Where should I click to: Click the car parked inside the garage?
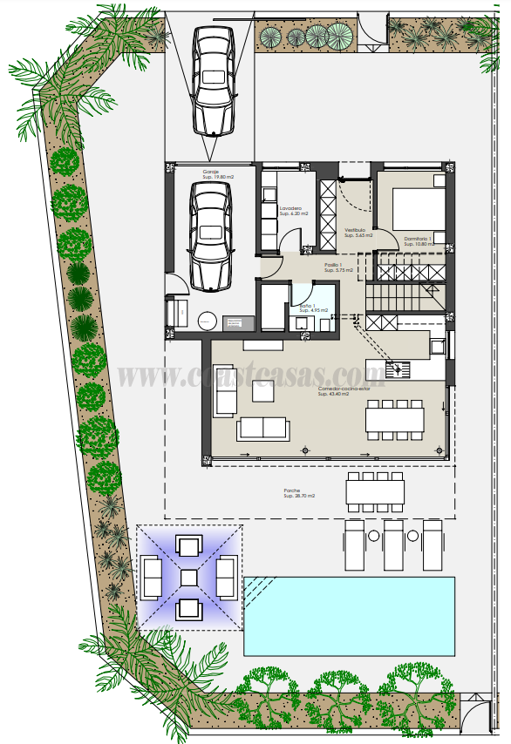(210, 236)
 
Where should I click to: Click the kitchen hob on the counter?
(399, 369)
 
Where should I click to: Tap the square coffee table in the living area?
(264, 390)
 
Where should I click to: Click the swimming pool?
(349, 615)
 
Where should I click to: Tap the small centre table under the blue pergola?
(189, 578)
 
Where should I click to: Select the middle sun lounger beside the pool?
(393, 544)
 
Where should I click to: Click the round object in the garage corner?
(208, 320)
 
